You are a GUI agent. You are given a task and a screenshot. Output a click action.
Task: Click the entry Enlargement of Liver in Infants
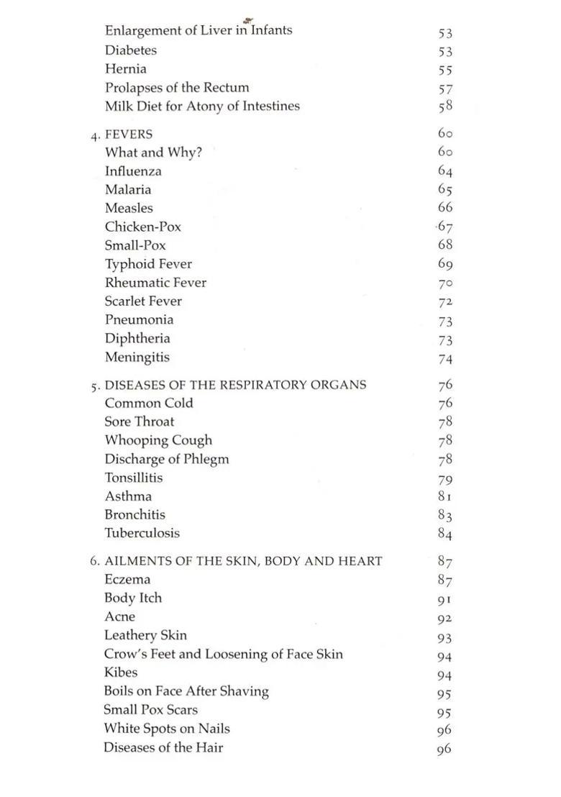[198, 31]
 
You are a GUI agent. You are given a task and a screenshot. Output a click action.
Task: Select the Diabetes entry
[130, 50]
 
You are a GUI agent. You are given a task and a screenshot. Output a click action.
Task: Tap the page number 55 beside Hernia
[445, 70]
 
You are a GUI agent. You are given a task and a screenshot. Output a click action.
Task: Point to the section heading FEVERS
[129, 135]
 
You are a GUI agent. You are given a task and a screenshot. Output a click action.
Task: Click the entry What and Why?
[153, 152]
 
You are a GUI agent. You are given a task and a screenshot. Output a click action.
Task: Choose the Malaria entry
[128, 190]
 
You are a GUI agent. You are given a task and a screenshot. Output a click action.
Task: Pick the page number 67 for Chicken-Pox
[445, 227]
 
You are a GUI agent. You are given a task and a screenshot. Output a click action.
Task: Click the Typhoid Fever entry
[148, 264]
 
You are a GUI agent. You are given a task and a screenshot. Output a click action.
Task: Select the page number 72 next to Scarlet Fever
[445, 301]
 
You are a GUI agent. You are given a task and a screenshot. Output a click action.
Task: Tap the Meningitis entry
[137, 357]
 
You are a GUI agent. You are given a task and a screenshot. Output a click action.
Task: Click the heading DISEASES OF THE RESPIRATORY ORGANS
[235, 385]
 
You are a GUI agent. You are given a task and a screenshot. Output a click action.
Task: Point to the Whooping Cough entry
[158, 440]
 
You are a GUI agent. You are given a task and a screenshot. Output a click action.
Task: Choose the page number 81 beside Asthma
[445, 496]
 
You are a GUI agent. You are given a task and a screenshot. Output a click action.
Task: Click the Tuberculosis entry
[142, 533]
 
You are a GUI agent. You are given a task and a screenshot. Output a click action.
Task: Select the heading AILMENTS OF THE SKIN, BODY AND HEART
[243, 561]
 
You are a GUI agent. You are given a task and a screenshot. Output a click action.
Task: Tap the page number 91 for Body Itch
[444, 598]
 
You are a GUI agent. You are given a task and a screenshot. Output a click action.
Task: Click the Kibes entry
[120, 673]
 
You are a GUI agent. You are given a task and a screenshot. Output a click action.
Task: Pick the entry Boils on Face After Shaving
[186, 691]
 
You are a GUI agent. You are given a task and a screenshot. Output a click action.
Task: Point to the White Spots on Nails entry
[166, 729]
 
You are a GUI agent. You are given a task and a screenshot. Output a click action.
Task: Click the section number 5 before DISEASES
[94, 386]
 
